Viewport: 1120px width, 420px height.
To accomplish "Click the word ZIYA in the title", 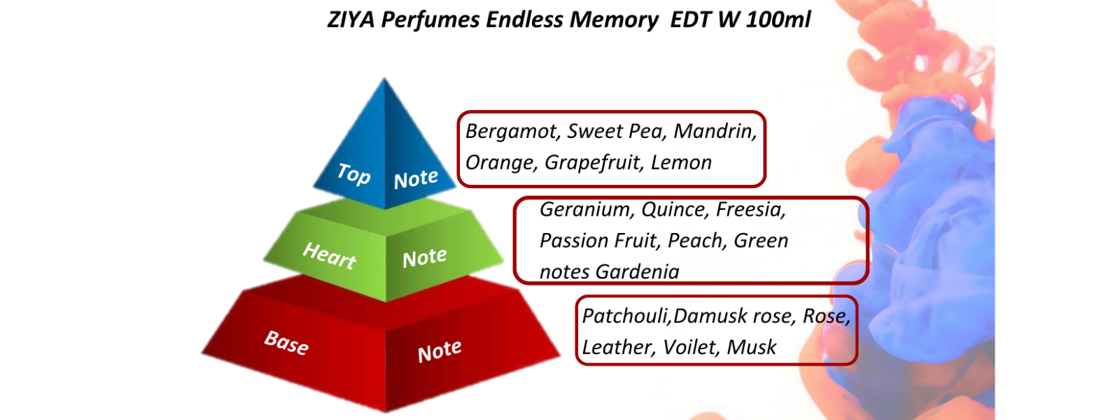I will click(351, 20).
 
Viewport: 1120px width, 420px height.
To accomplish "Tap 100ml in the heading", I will click(778, 20).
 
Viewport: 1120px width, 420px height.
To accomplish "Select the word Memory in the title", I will click(614, 20).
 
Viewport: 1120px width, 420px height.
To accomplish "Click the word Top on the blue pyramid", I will click(353, 174).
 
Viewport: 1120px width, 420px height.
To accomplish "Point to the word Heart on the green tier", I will click(329, 255).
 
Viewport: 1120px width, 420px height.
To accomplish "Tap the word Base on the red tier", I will click(286, 342).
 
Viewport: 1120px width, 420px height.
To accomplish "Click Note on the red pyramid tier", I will click(440, 351).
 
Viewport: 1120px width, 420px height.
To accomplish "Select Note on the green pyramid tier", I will click(424, 258).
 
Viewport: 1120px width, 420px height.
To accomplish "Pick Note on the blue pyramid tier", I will click(416, 179).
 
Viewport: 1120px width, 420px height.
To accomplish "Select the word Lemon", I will click(681, 163).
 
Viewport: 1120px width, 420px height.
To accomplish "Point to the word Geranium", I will click(587, 209).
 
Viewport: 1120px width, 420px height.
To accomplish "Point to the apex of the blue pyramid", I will click(384, 78).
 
